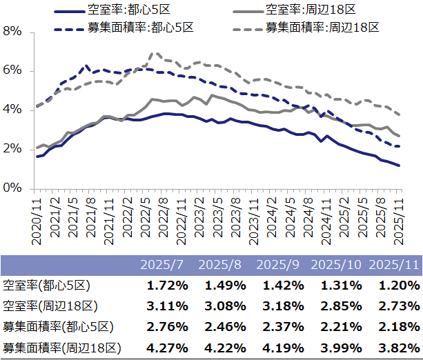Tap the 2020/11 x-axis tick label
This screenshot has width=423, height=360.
click(38, 219)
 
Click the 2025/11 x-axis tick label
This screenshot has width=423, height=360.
click(399, 219)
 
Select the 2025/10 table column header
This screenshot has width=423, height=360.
click(337, 265)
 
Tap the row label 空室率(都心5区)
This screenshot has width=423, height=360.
click(47, 285)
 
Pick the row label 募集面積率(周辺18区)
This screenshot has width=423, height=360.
click(62, 348)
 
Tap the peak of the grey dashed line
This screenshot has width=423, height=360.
click(153, 52)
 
